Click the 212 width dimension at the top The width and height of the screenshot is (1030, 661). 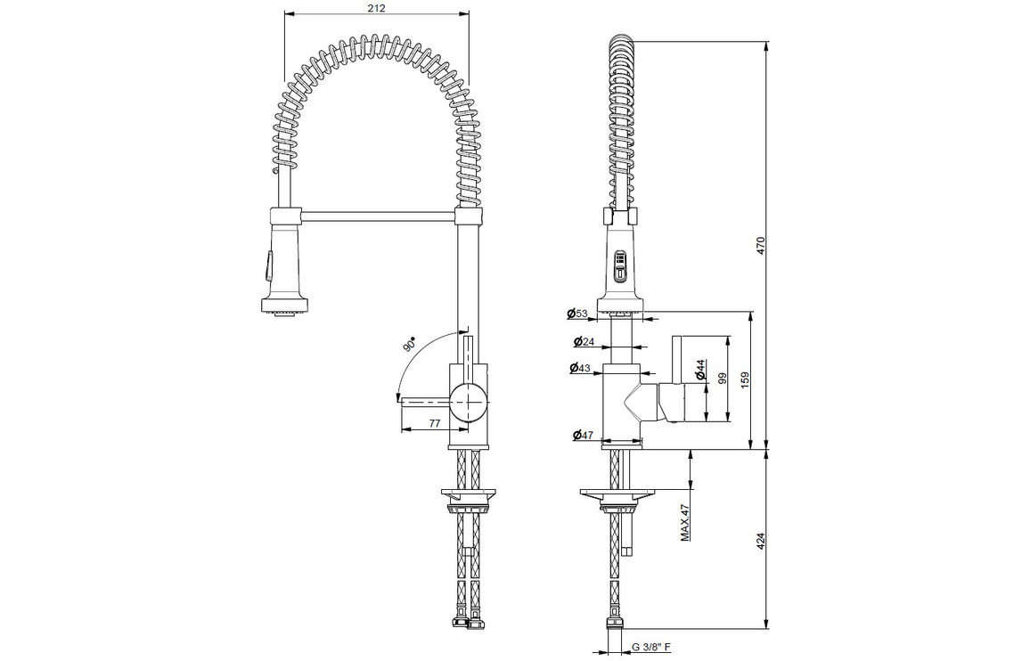click(377, 8)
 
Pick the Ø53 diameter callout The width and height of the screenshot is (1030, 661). click(576, 314)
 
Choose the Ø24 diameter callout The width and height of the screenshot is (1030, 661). click(584, 342)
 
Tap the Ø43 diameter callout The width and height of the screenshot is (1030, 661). click(579, 368)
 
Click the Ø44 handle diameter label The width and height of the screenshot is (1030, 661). click(700, 370)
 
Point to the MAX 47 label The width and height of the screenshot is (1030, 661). click(684, 522)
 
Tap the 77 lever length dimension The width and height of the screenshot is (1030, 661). click(434, 424)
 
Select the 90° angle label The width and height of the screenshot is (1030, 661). click(409, 344)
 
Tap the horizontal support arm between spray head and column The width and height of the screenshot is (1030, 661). click(379, 214)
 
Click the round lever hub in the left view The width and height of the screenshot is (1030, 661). click(468, 399)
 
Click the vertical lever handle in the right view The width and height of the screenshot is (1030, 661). click(678, 360)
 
